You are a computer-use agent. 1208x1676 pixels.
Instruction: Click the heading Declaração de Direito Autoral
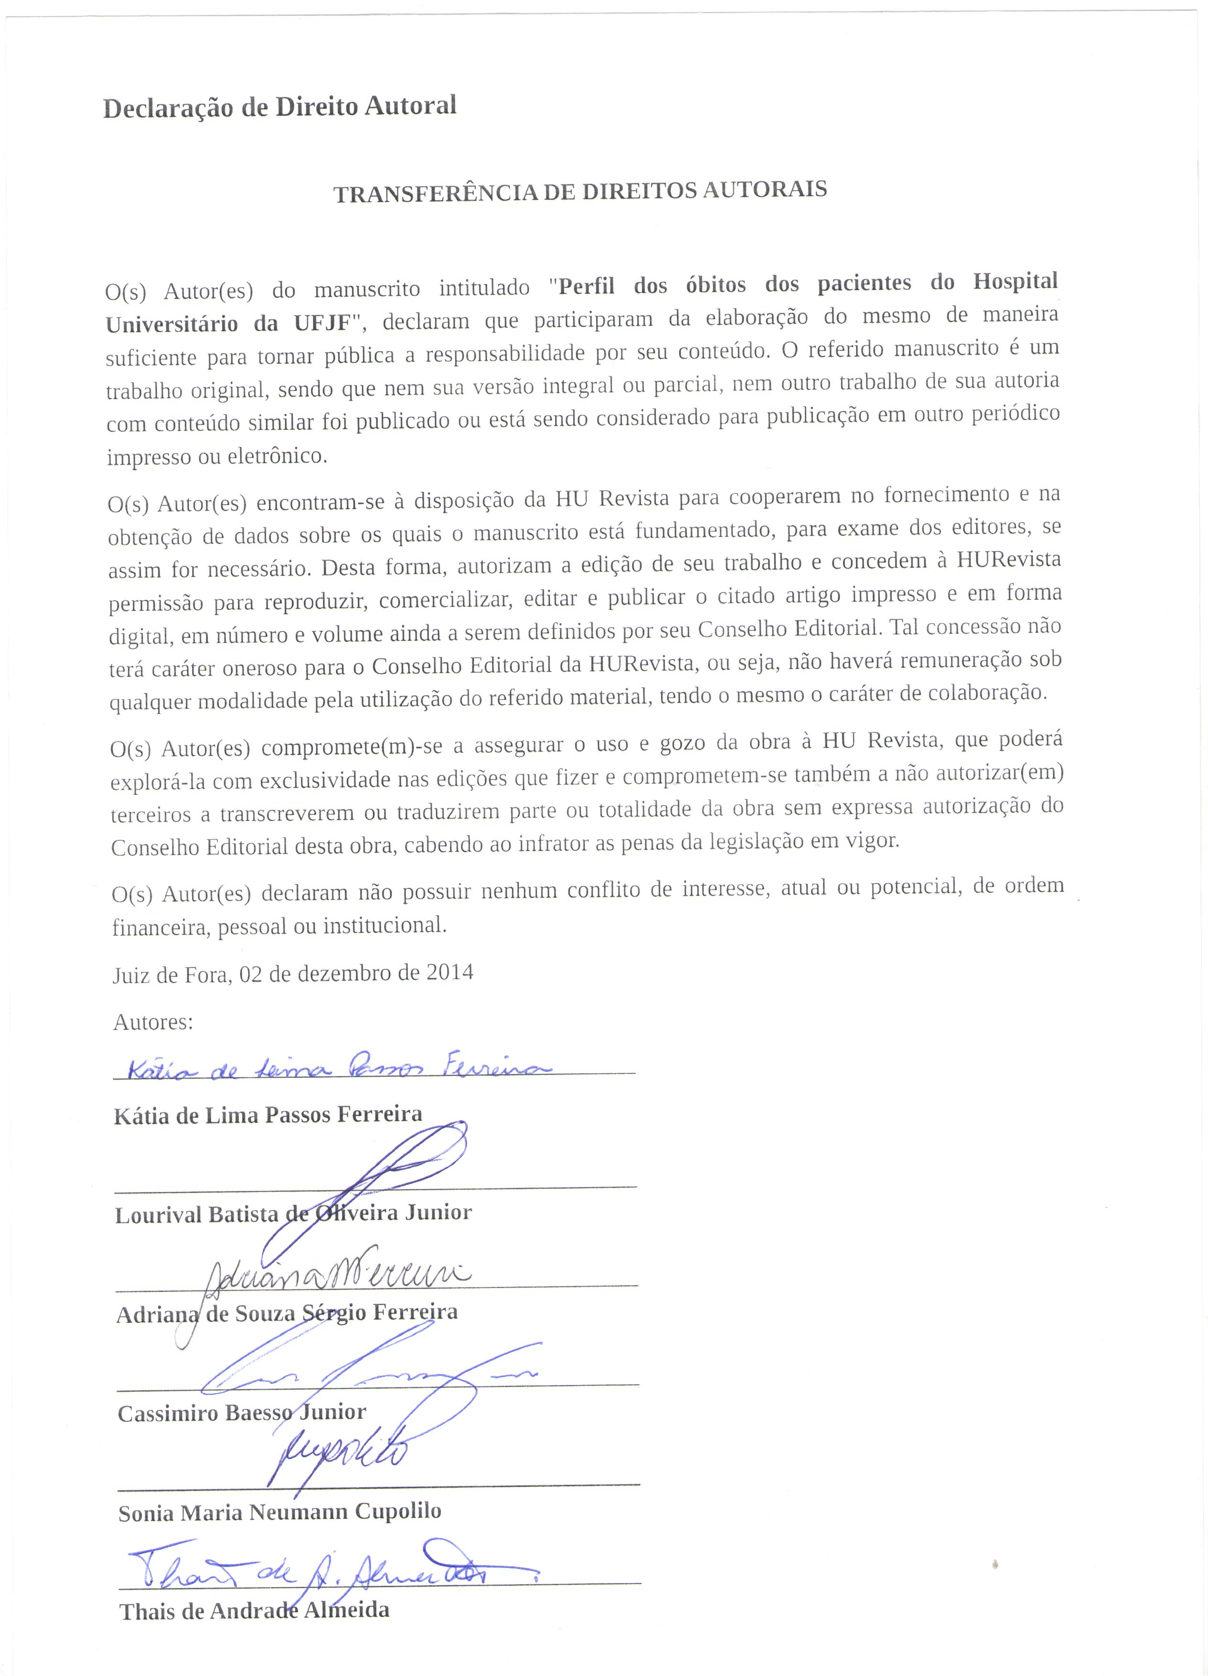pyautogui.click(x=279, y=107)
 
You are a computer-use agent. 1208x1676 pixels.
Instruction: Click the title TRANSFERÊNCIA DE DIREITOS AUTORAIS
pyautogui.click(x=580, y=191)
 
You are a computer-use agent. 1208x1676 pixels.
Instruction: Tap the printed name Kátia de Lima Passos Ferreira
pyautogui.click(x=268, y=1114)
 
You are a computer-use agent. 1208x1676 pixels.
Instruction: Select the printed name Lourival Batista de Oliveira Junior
pyautogui.click(x=292, y=1213)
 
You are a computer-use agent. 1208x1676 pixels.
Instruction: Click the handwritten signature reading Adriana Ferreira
pyautogui.click(x=336, y=1273)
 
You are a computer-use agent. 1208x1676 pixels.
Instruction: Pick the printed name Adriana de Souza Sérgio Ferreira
pyautogui.click(x=287, y=1313)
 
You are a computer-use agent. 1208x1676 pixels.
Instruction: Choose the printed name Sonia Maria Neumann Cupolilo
pyautogui.click(x=279, y=1512)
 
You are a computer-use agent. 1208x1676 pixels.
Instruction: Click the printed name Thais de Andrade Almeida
pyautogui.click(x=254, y=1610)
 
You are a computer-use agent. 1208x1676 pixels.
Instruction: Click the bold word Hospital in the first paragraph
pyautogui.click(x=1014, y=281)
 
